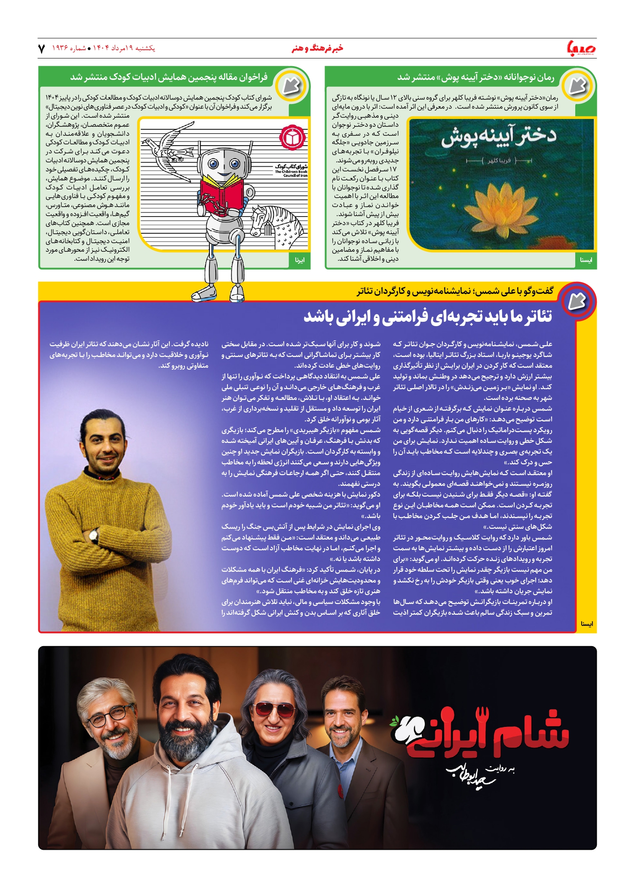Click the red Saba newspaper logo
[x=581, y=48]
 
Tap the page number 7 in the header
[x=42, y=49]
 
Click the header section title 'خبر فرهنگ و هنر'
[x=317, y=49]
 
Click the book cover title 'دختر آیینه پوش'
[x=499, y=137]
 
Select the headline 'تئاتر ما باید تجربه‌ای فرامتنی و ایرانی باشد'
[x=428, y=317]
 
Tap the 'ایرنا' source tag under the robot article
[x=300, y=260]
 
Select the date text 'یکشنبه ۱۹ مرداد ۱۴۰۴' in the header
[x=124, y=49]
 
